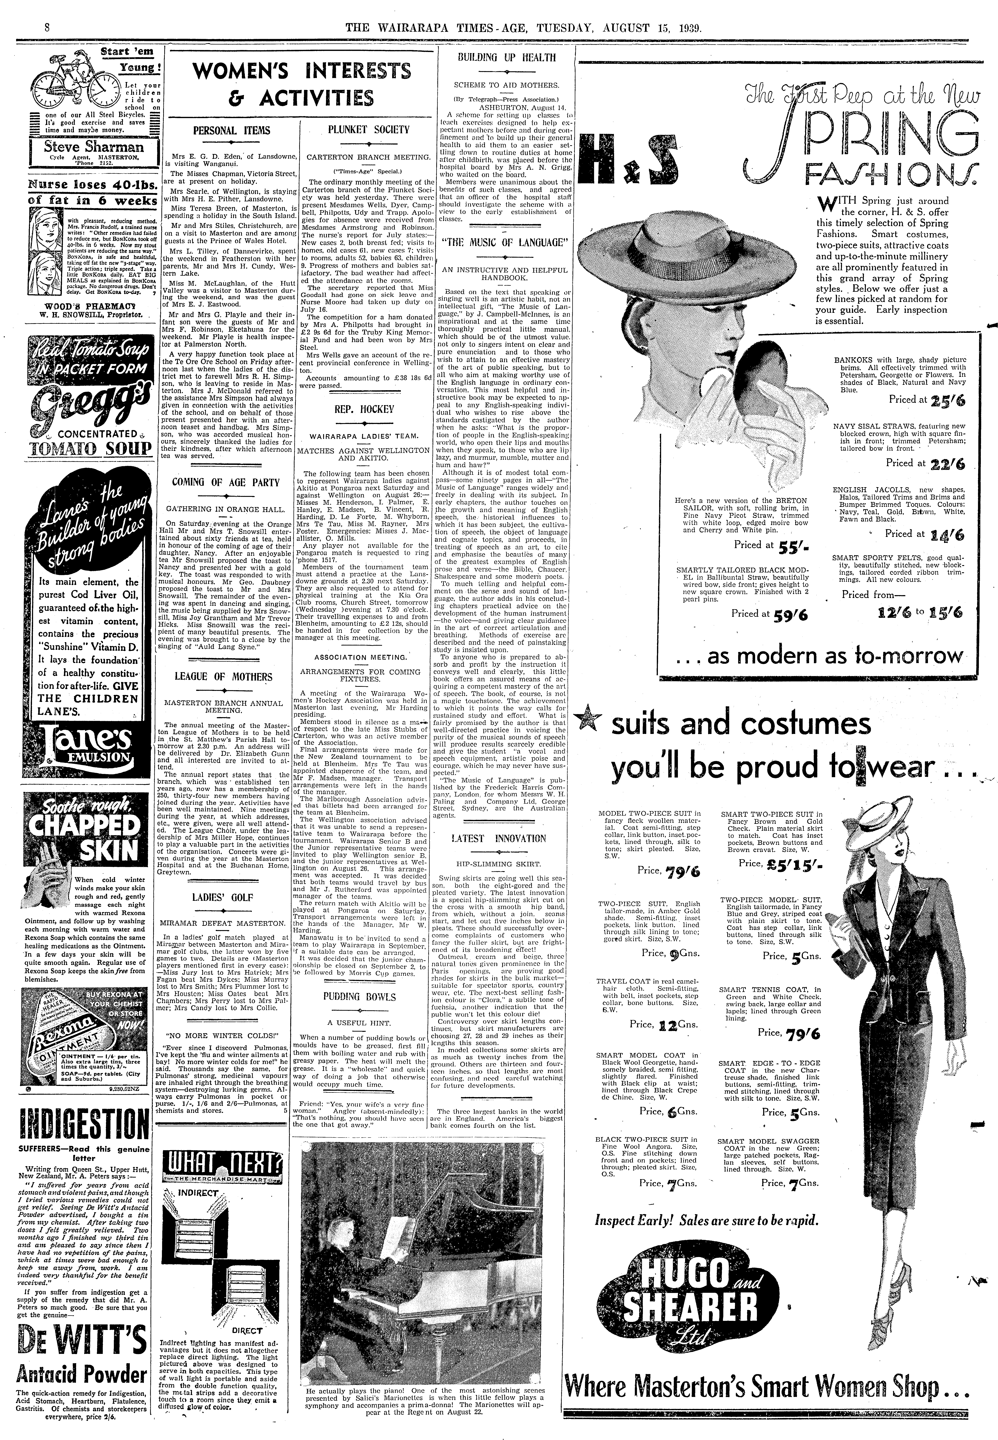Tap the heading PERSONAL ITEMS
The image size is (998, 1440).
coord(231,131)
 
